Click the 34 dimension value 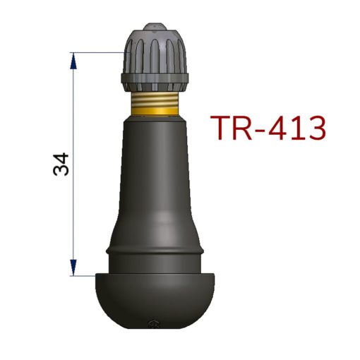pos(61,164)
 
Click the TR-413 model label pos(268,128)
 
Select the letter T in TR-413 pos(220,128)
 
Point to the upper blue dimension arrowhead pos(73,61)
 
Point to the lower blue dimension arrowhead pos(73,268)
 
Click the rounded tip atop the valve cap pos(155,27)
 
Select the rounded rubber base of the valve pos(155,301)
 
